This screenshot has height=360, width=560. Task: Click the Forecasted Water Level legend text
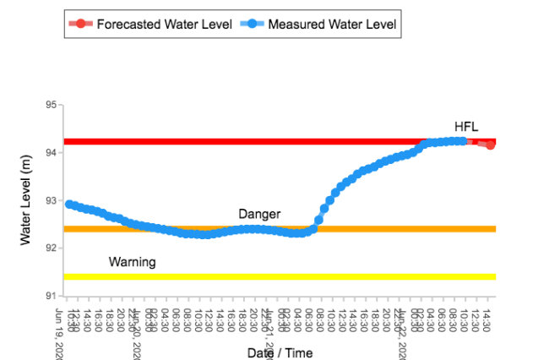pos(163,25)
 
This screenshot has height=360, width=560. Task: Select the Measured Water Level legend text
pos(331,25)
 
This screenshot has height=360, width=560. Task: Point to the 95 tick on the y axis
pos(50,106)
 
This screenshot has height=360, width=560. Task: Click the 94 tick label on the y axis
pos(50,153)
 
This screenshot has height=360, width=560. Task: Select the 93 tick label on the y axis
pos(50,200)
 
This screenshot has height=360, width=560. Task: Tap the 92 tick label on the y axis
pos(50,248)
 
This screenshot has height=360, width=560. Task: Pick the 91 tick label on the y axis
pos(50,295)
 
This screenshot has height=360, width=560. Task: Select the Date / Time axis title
pos(280,352)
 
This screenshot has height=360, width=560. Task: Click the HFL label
pos(466,127)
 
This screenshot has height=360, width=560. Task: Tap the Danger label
pos(259,214)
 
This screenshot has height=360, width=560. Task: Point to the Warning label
pos(132,262)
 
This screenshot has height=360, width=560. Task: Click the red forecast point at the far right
pos(490,145)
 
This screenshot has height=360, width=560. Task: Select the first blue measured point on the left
pos(69,205)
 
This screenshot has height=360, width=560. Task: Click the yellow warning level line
pos(280,276)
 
